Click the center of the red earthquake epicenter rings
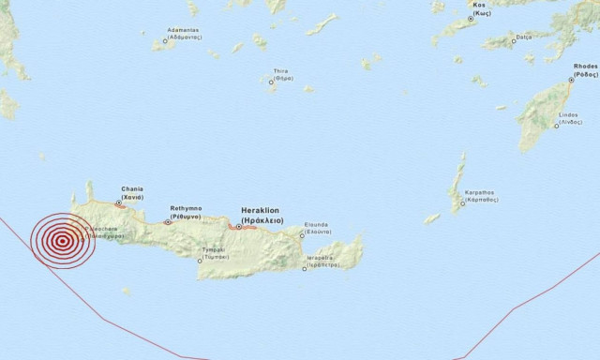pyautogui.click(x=62, y=241)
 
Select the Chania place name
pyautogui.click(x=132, y=192)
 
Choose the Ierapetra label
pyautogui.click(x=320, y=261)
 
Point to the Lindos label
pyautogui.click(x=568, y=118)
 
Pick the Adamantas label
pyautogui.click(x=183, y=34)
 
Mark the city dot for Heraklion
pyautogui.click(x=238, y=226)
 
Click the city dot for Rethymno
pyautogui.click(x=168, y=222)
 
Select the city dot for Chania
pyautogui.click(x=118, y=202)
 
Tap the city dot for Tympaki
pyautogui.click(x=199, y=262)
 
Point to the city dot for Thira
pyautogui.click(x=271, y=82)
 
